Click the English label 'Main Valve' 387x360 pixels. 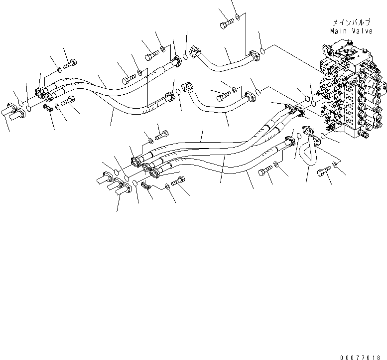coord(352,31)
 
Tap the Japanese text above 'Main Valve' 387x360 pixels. coord(352,23)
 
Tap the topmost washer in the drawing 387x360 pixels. coord(240,18)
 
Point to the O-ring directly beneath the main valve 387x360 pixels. coord(324,136)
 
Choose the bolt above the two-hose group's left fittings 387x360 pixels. coord(70,63)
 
